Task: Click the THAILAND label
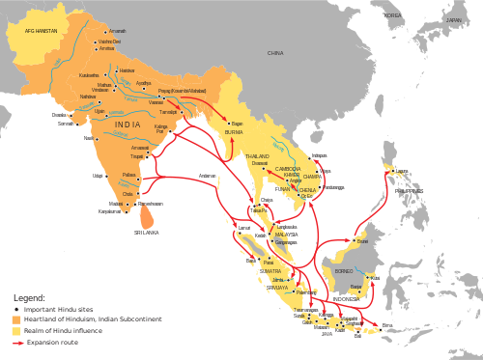(x=257, y=155)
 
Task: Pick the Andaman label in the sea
(x=207, y=175)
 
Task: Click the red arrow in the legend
(x=17, y=341)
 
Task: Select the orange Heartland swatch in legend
(x=17, y=319)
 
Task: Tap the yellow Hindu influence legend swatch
(x=17, y=330)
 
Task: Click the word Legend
(x=28, y=297)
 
